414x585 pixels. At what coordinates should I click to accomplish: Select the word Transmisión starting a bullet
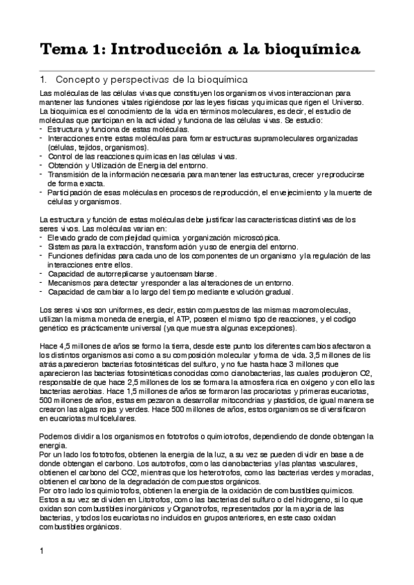coord(72,175)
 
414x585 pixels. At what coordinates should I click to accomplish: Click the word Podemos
coord(59,437)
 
